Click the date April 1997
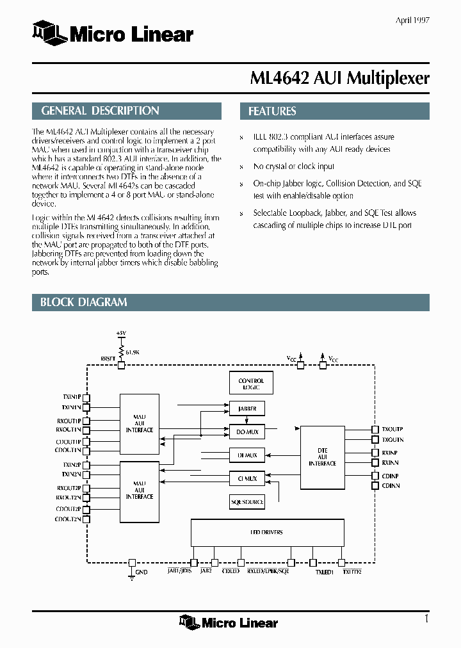(x=412, y=20)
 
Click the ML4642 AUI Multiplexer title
(x=339, y=78)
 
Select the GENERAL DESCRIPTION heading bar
(x=127, y=111)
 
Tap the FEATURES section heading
(x=334, y=111)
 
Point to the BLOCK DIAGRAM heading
(x=230, y=302)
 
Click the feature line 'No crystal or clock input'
(x=293, y=166)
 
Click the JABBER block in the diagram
(x=247, y=408)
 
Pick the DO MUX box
(x=247, y=432)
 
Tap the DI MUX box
(x=247, y=455)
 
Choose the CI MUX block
(x=247, y=478)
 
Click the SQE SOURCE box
(x=247, y=502)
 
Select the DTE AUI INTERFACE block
(x=322, y=457)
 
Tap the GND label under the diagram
(x=142, y=571)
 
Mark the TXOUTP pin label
(x=392, y=429)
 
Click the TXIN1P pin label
(x=71, y=397)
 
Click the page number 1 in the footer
(x=426, y=619)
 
